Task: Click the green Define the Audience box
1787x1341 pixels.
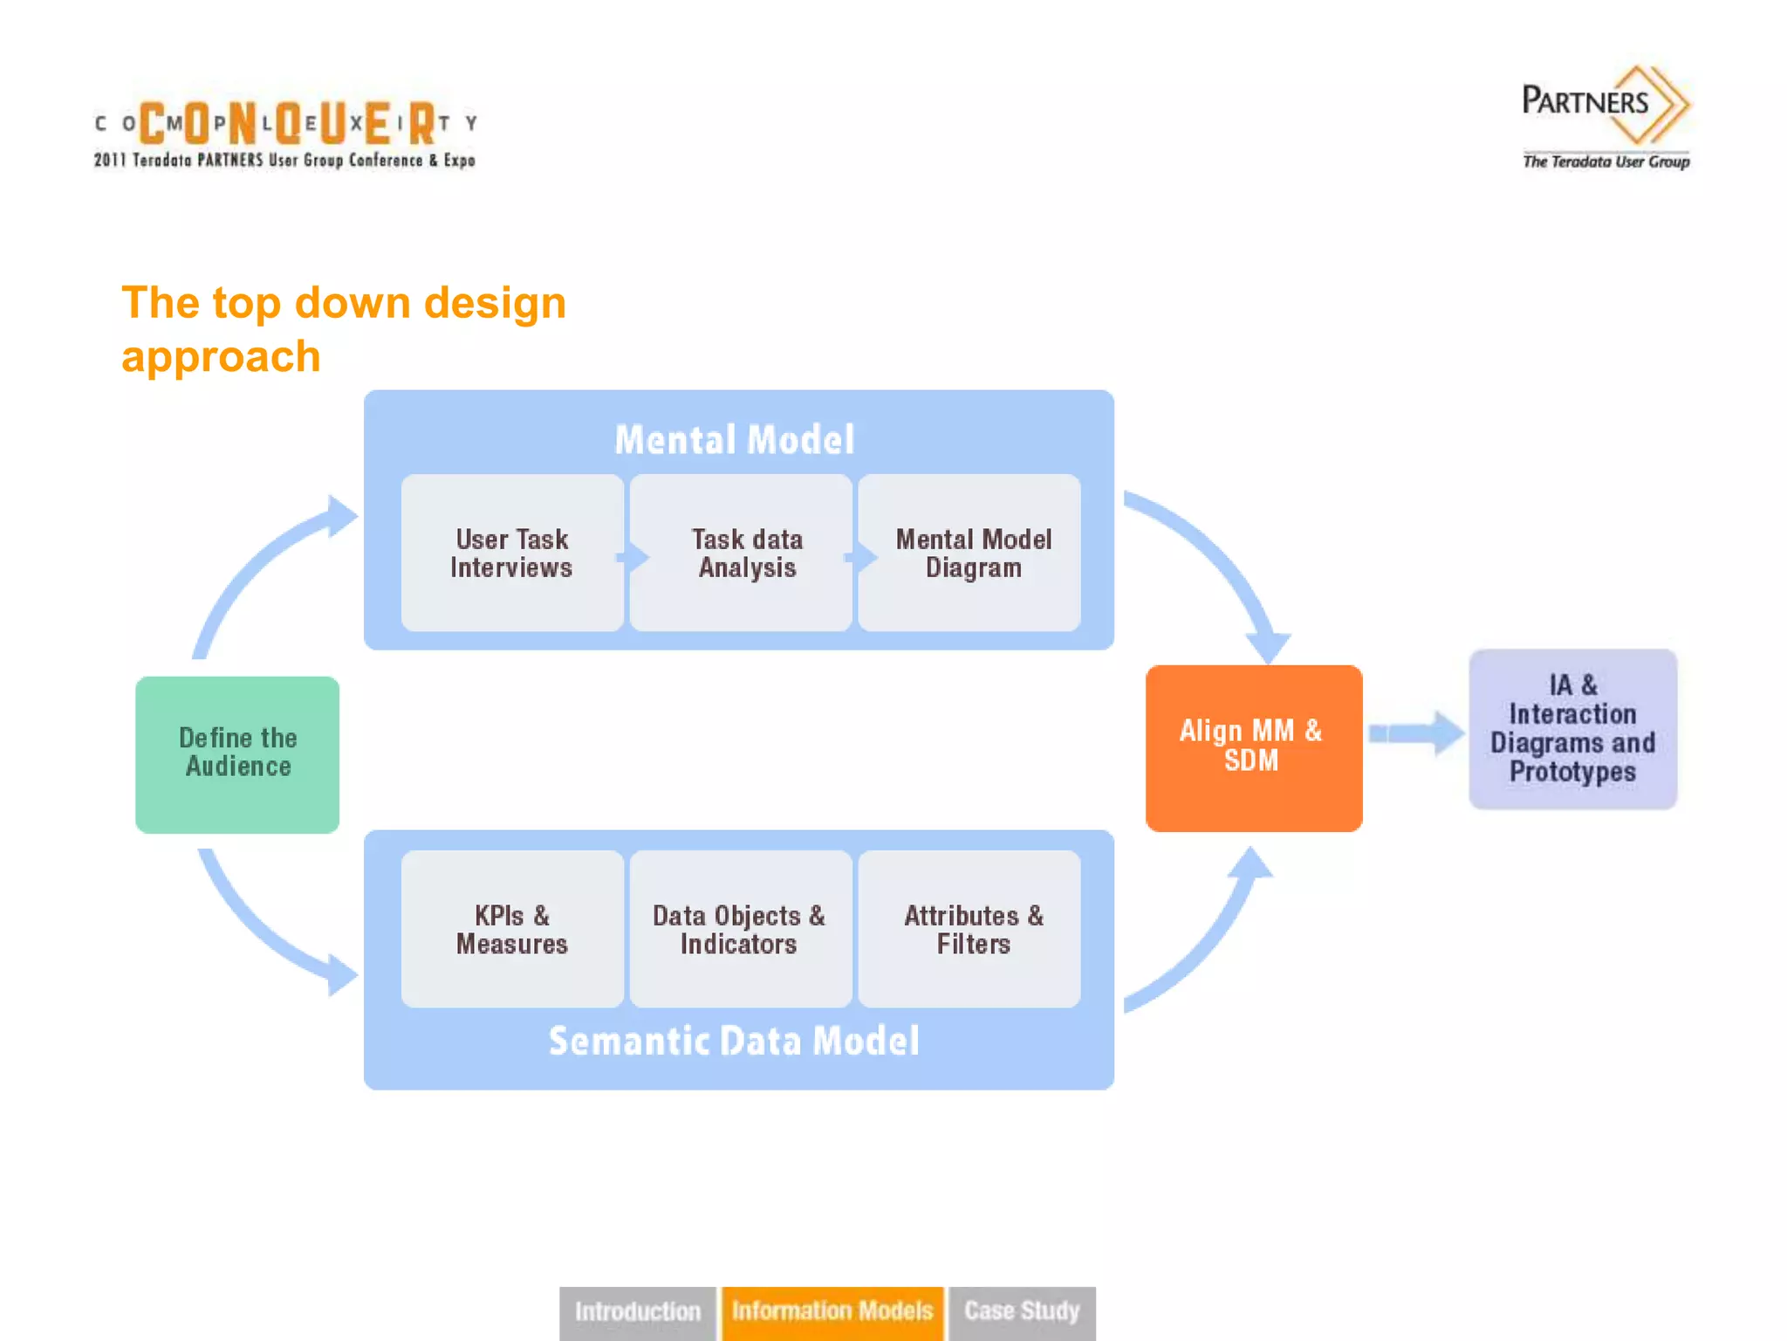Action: click(237, 754)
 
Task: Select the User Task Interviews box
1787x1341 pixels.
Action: click(511, 553)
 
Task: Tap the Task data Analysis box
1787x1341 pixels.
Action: click(742, 553)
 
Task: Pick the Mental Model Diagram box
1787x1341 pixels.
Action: click(970, 553)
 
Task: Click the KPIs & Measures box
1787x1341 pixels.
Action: click(511, 929)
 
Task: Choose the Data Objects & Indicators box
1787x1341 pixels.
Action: click(740, 929)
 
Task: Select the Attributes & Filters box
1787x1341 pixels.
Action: click(970, 929)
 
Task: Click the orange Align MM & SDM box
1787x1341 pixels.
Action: click(1253, 747)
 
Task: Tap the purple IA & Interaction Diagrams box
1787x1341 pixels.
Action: click(1572, 728)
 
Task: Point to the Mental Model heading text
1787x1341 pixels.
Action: click(735, 439)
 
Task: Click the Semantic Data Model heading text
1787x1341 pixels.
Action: click(735, 1041)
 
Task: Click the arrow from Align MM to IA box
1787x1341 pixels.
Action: click(1415, 732)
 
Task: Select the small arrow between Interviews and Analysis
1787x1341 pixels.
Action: click(633, 557)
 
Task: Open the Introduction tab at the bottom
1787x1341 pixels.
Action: click(637, 1311)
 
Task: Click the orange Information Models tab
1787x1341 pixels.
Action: click(832, 1311)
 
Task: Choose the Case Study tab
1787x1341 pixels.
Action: click(1022, 1311)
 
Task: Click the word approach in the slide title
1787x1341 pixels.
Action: click(221, 357)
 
